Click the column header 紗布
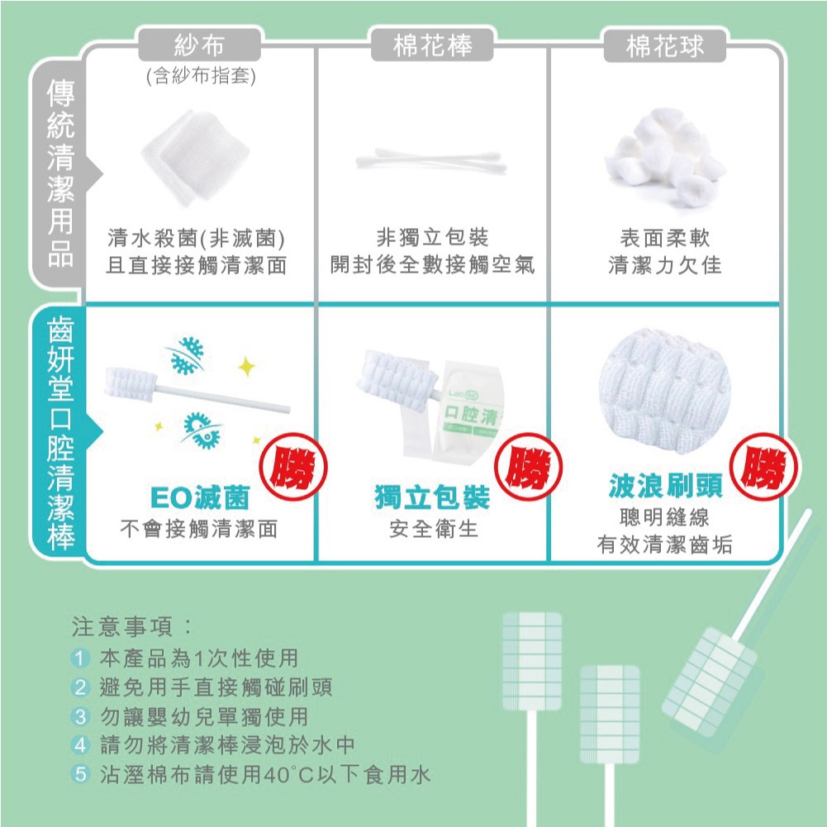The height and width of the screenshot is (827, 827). [199, 45]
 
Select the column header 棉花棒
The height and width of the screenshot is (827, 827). [432, 45]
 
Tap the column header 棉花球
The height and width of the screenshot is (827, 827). [664, 45]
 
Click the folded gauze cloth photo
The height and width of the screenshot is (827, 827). [195, 157]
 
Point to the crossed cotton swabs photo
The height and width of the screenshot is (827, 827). [430, 159]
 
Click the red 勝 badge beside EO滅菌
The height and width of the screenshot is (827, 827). [293, 467]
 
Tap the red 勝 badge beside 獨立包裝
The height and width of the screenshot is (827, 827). [528, 467]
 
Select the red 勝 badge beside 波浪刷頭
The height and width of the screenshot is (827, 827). [763, 467]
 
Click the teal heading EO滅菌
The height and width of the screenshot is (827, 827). [200, 497]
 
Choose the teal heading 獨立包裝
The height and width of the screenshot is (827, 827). [432, 497]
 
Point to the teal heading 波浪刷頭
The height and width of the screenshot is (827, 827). [666, 485]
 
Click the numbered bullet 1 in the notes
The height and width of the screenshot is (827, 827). [79, 658]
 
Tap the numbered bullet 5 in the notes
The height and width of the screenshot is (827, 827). [79, 774]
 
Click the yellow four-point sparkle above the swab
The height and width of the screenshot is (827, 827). [246, 366]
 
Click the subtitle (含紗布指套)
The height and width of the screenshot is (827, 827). [201, 77]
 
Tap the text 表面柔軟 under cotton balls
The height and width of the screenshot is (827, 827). [665, 238]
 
